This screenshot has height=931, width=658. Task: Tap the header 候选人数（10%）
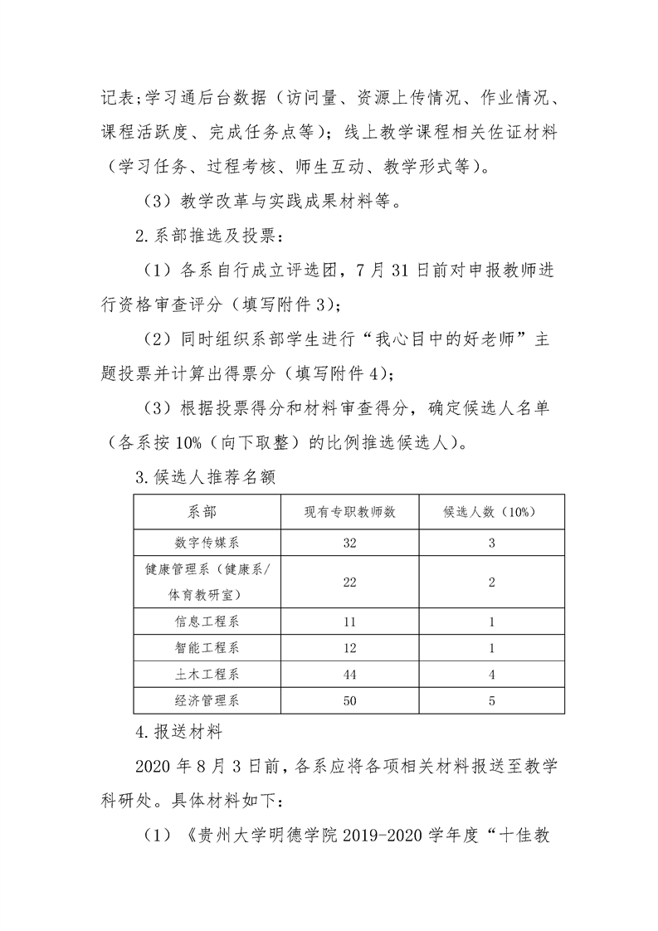pos(491,511)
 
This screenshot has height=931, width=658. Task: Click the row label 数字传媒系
pos(207,543)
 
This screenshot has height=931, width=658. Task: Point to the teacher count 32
pos(350,543)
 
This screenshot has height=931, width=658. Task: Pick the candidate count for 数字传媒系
pos(491,543)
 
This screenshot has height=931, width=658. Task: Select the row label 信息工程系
pos(207,621)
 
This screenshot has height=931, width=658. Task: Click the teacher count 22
pos(350,582)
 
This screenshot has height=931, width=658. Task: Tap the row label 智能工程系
pos(207,647)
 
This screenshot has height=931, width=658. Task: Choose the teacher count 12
pos(350,647)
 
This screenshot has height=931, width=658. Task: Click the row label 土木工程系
pos(207,674)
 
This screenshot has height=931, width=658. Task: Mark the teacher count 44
pos(350,674)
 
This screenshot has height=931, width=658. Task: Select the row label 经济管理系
pos(207,700)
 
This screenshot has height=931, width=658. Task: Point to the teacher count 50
pos(350,700)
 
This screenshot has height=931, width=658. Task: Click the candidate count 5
pos(491,700)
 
